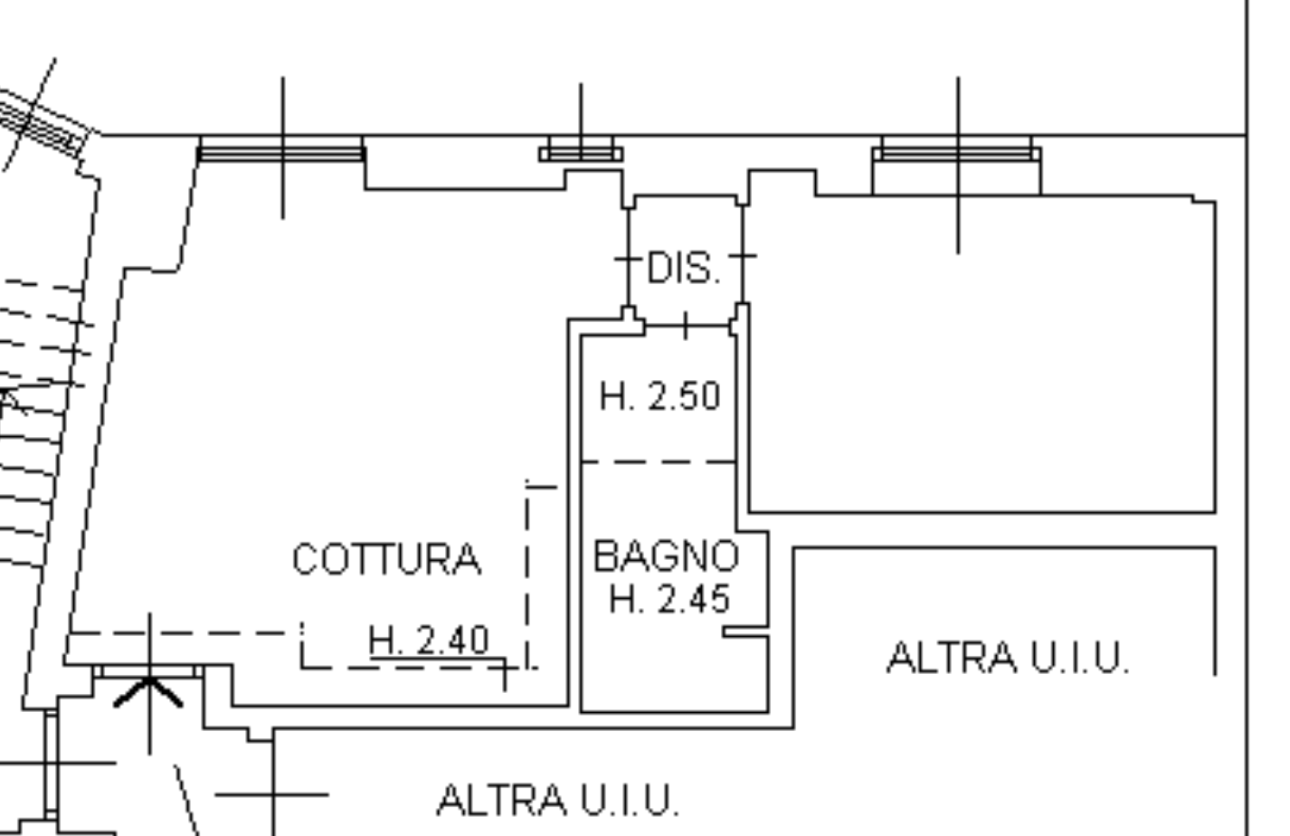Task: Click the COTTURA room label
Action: coord(386,559)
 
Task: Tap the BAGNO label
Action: coord(666,556)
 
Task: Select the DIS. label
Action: coord(685,269)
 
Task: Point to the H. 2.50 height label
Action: coord(660,396)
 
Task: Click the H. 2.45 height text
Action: coord(669,599)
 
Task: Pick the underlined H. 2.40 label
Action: coord(430,641)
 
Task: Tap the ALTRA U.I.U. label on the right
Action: coord(1008,658)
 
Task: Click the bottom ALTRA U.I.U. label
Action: coord(557,800)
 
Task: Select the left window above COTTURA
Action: coord(281,150)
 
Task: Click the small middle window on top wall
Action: coord(581,152)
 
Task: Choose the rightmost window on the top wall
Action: coord(956,151)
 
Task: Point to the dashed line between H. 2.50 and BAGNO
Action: coord(658,462)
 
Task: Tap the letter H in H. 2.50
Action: coord(611,396)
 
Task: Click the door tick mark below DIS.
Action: coord(685,325)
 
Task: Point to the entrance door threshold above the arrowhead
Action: coord(149,670)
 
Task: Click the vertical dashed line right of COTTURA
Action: coord(527,570)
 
